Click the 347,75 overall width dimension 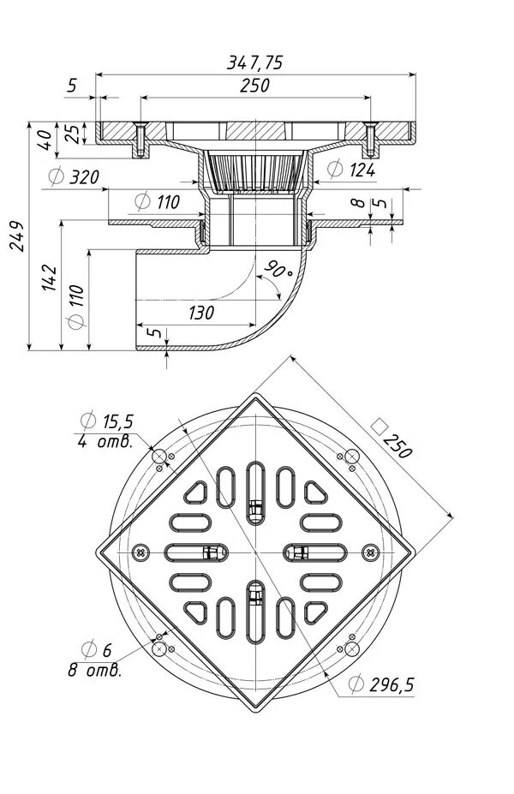[x=255, y=62]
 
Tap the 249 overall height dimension [x=16, y=237]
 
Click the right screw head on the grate [x=369, y=551]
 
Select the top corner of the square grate [x=255, y=395]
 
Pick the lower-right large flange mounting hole [x=350, y=651]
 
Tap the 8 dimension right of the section [x=360, y=204]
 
